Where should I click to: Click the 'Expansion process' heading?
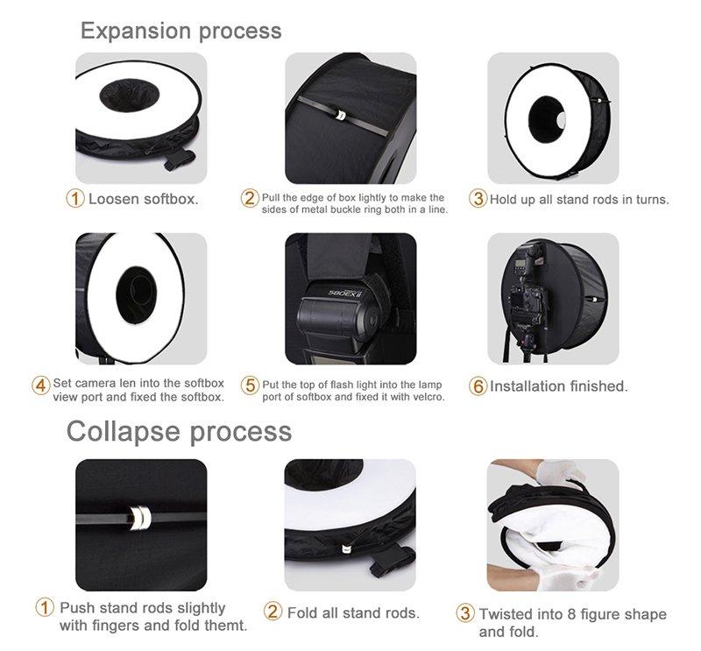click(181, 32)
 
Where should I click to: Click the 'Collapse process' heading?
click(179, 431)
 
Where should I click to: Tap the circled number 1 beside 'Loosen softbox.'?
click(75, 198)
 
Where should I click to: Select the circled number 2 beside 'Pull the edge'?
click(250, 198)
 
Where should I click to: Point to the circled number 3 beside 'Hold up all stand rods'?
click(478, 198)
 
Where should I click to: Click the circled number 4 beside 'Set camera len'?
click(40, 386)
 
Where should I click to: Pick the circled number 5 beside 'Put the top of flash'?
click(250, 385)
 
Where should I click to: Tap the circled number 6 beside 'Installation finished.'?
click(478, 386)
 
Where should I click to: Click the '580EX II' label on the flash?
click(345, 294)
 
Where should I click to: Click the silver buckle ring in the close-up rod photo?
click(139, 518)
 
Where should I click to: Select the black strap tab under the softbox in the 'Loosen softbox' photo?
click(180, 160)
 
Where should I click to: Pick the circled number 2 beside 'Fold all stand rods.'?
click(273, 612)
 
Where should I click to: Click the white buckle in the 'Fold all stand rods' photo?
click(346, 548)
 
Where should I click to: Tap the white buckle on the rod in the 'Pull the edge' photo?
click(340, 115)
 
